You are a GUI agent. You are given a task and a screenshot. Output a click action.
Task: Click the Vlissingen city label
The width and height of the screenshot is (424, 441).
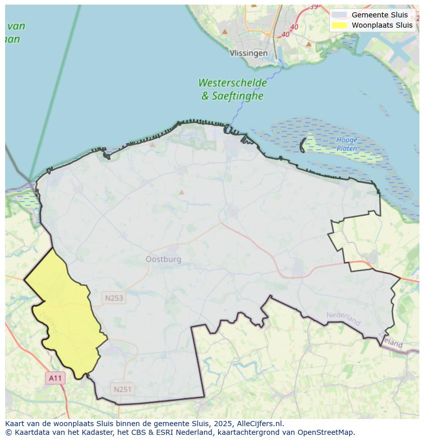248,53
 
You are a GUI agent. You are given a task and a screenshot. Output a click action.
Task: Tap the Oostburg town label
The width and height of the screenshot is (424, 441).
163,259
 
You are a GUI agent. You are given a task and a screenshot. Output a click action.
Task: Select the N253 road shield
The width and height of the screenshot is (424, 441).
114,298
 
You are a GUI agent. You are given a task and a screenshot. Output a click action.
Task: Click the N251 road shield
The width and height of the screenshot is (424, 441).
122,389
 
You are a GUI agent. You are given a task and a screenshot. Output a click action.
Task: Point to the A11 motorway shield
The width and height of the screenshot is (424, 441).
55,378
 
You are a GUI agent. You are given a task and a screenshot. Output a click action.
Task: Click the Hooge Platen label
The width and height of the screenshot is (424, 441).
347,144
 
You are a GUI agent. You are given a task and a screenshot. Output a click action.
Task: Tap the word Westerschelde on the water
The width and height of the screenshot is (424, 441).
232,83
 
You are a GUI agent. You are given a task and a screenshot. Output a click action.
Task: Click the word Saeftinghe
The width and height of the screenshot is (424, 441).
239,96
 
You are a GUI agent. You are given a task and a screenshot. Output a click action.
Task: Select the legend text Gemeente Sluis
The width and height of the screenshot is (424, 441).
379,15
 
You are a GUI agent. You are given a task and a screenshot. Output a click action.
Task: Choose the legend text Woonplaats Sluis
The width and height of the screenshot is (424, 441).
382,25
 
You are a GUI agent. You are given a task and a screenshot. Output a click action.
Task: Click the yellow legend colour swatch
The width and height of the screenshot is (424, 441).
339,25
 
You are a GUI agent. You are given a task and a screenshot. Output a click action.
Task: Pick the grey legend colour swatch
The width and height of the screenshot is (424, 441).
339,15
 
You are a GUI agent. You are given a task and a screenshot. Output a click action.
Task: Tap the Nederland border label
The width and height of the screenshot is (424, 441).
343,318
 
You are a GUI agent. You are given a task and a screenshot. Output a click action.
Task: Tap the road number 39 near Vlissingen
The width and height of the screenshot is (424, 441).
313,7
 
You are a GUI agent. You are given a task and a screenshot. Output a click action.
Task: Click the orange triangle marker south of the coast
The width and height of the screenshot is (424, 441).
181,193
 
